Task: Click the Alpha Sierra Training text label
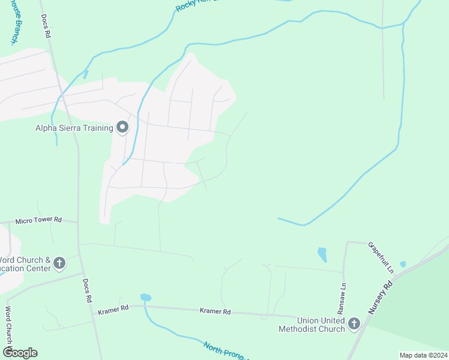coord(74,128)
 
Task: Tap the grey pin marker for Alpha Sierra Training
coord(123,127)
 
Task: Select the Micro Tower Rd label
coord(39,220)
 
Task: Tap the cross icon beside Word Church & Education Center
coord(59,263)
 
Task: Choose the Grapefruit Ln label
coord(381,258)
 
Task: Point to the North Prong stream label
coord(223,350)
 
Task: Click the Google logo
coord(20,353)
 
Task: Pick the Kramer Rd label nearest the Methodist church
coord(215,311)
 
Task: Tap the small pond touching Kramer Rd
coord(145,297)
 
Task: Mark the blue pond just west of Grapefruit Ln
coord(322,254)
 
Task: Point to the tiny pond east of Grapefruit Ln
coord(403,264)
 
